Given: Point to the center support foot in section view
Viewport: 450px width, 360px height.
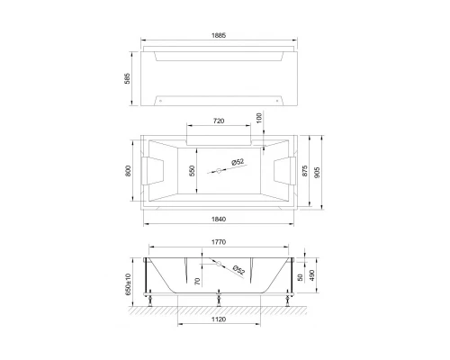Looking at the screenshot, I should [219, 301].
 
